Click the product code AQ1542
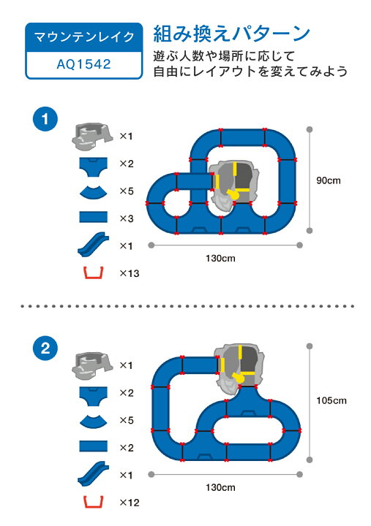coord(83,64)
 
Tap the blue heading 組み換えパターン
coord(231,34)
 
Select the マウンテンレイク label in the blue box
coord(84,37)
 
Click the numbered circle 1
coord(45,119)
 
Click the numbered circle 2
coord(45,348)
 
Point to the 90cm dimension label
coord(329,180)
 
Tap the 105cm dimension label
coord(331,400)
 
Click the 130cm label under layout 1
coord(220,259)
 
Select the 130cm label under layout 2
coord(220,487)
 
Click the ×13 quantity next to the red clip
coord(130,273)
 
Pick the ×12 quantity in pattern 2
coord(130,503)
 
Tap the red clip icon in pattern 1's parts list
coord(94,273)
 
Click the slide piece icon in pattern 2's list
coord(94,473)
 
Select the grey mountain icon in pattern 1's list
coord(92,136)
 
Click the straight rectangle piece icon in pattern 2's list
coord(94,446)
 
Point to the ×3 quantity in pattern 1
coord(127,218)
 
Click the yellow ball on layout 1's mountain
coord(233,194)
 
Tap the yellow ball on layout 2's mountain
coord(239,378)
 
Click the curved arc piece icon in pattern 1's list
coord(94,191)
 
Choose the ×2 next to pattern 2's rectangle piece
coord(127,448)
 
